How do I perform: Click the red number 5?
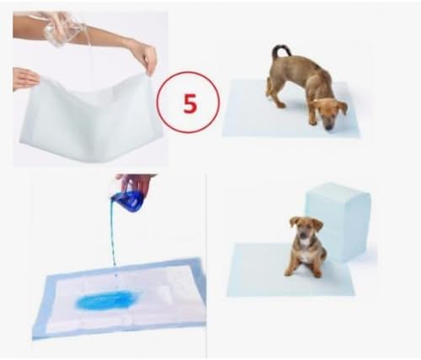coord(190,103)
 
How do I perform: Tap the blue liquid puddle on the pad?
coord(104,300)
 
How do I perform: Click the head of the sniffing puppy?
coord(330,112)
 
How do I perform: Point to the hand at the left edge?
coord(25,78)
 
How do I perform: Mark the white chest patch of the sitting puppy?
coord(306,255)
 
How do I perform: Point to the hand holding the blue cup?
coord(137,183)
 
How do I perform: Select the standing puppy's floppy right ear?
coord(343,108)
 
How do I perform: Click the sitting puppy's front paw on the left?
coord(288,272)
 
